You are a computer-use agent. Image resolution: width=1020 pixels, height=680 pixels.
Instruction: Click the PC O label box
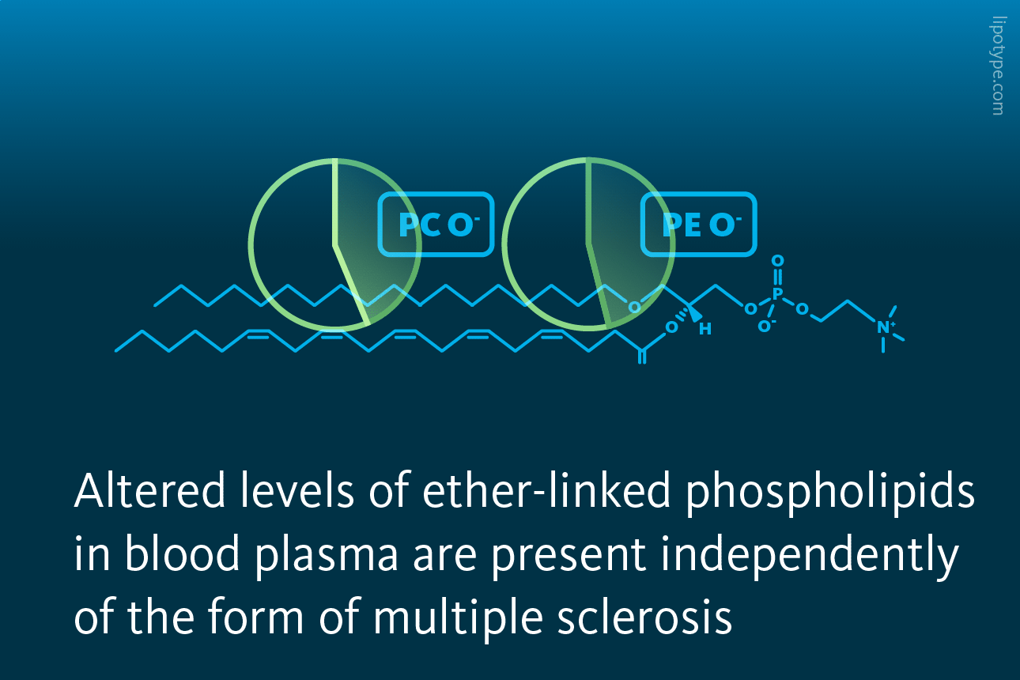tap(436, 224)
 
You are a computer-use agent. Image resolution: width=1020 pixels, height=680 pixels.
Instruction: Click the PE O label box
tap(698, 224)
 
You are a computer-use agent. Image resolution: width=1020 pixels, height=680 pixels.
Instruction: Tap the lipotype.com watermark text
tap(998, 66)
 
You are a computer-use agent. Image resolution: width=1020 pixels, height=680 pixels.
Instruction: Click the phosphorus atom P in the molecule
tap(778, 294)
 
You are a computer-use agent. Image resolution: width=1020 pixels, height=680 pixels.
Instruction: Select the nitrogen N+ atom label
tap(886, 327)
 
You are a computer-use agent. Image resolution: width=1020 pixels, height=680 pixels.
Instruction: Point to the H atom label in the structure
tap(705, 329)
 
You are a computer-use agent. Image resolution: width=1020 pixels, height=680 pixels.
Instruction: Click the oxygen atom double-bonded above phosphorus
tap(778, 261)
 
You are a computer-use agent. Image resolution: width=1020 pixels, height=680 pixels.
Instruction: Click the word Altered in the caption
tap(149, 490)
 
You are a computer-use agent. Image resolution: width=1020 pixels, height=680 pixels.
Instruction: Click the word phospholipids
tap(830, 494)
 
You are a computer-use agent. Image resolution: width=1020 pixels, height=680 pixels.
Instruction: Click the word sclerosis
tap(644, 618)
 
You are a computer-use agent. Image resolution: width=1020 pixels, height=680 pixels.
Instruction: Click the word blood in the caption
tap(182, 553)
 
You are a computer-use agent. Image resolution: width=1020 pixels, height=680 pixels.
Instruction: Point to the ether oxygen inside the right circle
tap(634, 308)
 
